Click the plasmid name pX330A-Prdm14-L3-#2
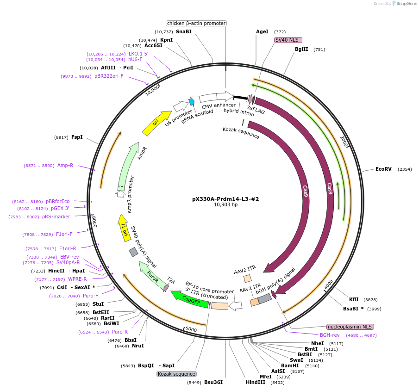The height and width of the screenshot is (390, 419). pos(225,199)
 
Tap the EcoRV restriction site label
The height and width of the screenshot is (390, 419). pos(383,169)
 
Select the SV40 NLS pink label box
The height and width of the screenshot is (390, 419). pos(288,40)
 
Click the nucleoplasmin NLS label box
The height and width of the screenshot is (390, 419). pos(350,327)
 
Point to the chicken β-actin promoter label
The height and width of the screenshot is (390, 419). pos(196,23)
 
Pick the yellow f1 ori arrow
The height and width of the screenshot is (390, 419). pos(124,227)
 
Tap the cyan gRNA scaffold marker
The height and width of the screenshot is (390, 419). pos(192,101)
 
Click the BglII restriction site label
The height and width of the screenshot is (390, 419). pos(301,49)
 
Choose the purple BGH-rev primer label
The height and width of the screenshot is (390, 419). pos(330,335)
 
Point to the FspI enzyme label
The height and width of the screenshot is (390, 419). pos(77,137)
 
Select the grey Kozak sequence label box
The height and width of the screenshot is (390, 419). pos(176,374)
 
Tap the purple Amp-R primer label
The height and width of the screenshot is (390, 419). pos(65,165)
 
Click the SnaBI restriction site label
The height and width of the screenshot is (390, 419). pos(184,31)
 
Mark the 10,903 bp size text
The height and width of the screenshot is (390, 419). pos(225,205)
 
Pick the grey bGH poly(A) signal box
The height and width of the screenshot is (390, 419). pos(264,299)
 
